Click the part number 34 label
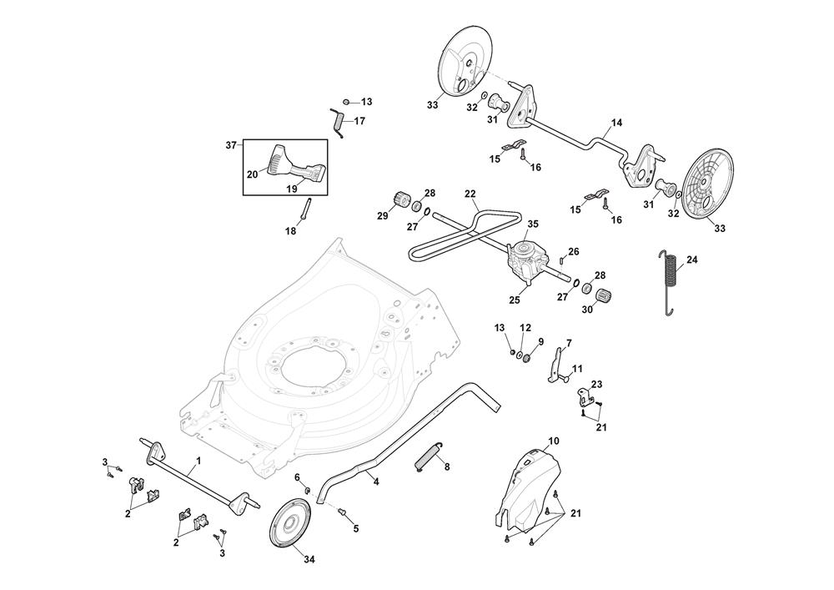286,558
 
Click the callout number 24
692,260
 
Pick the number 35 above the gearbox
533,224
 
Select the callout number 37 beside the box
232,145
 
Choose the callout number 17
359,121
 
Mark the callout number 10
554,440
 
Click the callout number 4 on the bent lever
376,482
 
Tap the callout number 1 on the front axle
198,461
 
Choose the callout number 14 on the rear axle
616,123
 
